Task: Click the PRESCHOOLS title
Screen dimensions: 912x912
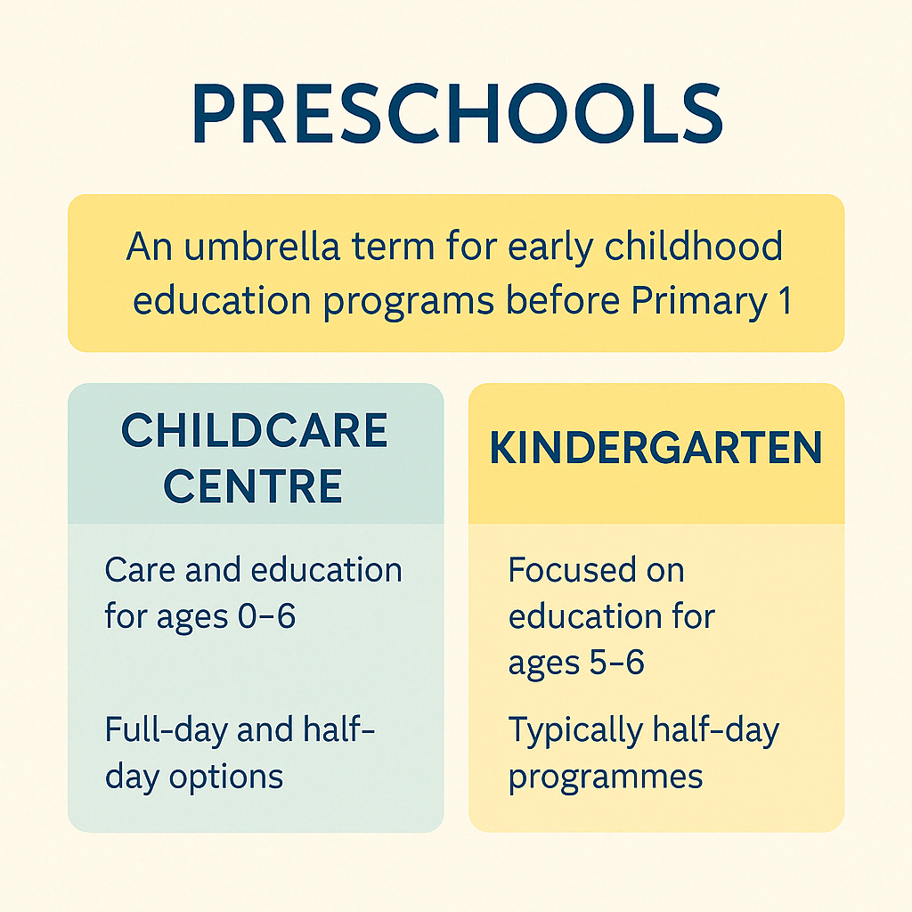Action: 457,113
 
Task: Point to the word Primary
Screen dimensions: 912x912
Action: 699,302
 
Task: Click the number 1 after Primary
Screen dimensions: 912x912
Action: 786,299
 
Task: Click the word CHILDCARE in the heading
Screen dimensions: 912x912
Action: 254,430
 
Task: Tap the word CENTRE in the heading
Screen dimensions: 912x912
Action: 253,485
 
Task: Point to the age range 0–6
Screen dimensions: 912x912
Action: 266,616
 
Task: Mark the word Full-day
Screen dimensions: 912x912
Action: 167,731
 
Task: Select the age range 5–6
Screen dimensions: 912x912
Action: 617,662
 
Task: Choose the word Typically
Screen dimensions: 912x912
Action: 574,731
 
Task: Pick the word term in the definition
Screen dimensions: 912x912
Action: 393,247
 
